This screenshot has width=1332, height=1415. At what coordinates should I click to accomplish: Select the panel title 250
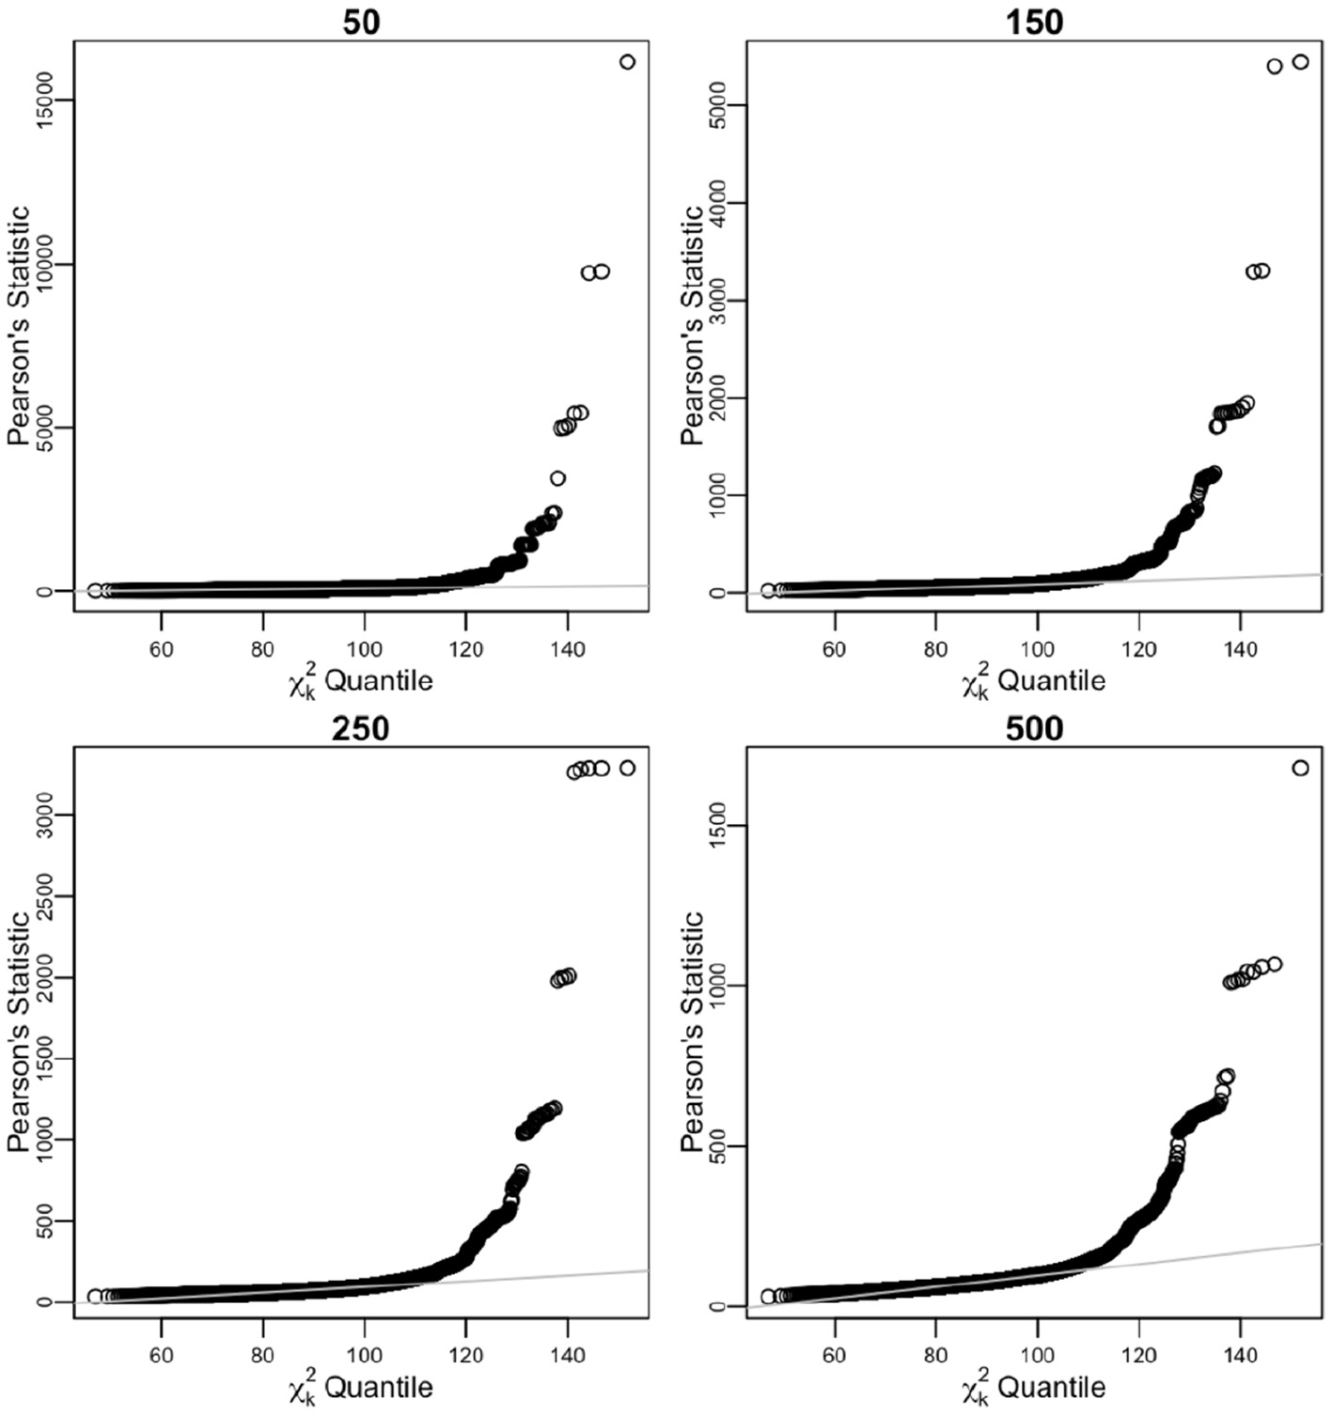tap(361, 728)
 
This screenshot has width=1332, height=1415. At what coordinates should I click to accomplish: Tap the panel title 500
tap(1034, 728)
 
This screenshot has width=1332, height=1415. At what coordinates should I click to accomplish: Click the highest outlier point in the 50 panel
tap(627, 62)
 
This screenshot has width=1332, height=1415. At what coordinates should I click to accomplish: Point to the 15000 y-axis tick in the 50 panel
tap(42, 101)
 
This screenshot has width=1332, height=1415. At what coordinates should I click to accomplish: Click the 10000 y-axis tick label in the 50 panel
tap(42, 265)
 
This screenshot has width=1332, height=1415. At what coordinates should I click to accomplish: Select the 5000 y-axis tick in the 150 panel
tap(715, 104)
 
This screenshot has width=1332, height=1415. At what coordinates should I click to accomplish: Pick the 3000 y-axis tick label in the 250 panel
tap(42, 814)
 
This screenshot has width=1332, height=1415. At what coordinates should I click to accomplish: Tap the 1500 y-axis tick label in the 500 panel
tap(715, 825)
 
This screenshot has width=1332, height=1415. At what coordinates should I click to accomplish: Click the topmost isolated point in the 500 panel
tap(1300, 769)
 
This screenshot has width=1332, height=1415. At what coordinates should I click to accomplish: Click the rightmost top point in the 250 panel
tap(627, 769)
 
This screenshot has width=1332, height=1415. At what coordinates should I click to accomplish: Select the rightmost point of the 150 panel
tap(1300, 62)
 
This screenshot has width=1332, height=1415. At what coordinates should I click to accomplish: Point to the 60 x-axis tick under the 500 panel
tap(834, 1355)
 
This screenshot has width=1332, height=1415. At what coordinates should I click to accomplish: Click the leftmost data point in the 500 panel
tap(768, 1297)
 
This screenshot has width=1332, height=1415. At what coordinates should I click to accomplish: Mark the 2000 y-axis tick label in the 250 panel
tap(42, 977)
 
